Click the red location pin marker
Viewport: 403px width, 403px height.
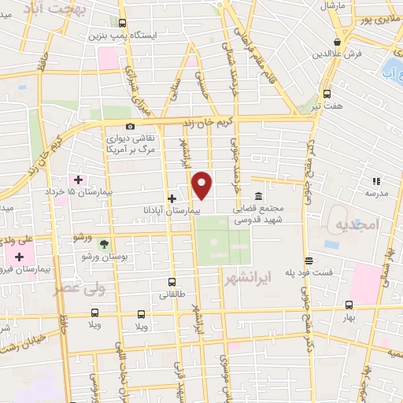pos(203,184)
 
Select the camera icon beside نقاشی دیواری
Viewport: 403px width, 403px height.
pos(130,126)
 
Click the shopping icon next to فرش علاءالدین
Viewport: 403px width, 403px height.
pos(337,42)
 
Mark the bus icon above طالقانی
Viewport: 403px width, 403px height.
pos(172,283)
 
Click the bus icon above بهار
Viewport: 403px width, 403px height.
pos(349,305)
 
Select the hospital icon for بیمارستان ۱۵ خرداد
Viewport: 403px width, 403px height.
pos(78,179)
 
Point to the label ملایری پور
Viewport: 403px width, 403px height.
pos(380,19)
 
